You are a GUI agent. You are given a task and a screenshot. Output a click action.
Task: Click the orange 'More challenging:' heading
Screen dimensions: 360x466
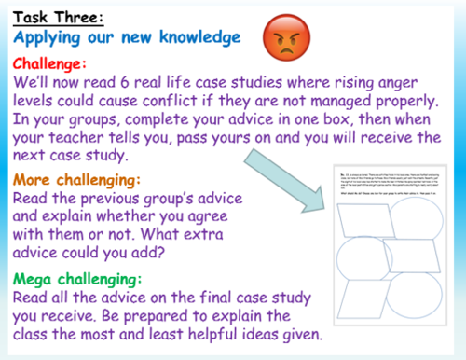(x=82, y=179)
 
